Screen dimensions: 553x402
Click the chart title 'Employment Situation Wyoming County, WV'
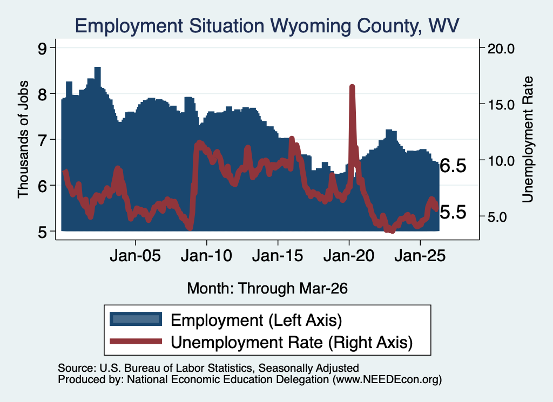[x=267, y=26]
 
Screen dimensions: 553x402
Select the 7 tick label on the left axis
[x=42, y=140]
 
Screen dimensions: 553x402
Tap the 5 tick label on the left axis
[x=42, y=232]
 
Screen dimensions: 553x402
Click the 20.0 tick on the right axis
[x=501, y=48]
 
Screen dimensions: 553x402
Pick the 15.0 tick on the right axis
[x=501, y=104]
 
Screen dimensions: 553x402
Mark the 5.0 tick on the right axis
[x=497, y=217]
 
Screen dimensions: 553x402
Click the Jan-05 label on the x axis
[x=136, y=255]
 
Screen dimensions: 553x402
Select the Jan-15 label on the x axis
[x=278, y=255]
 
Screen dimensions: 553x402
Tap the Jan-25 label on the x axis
[x=420, y=255]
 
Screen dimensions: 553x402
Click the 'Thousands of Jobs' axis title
[x=23, y=140]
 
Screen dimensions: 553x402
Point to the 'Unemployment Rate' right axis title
[x=527, y=140]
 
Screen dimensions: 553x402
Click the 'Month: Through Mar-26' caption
[x=267, y=288]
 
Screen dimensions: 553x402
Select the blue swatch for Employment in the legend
[x=136, y=319]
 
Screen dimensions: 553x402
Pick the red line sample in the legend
[x=136, y=341]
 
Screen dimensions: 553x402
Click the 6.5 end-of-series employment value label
[x=453, y=166]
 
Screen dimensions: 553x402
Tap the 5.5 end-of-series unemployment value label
[x=453, y=212]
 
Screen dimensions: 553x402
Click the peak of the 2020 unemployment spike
[x=352, y=86]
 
